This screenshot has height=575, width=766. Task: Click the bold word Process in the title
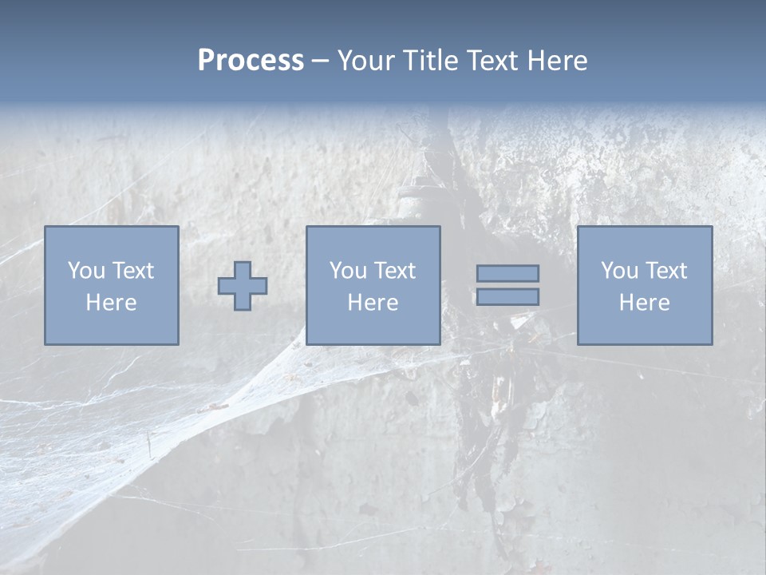tap(251, 61)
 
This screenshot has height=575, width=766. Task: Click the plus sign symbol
tap(243, 285)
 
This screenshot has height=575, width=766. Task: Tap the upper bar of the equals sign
tap(507, 273)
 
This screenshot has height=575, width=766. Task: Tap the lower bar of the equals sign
tap(507, 297)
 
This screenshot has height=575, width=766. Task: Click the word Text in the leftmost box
tap(132, 271)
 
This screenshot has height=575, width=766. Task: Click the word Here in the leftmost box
tap(111, 303)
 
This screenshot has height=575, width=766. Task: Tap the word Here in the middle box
tap(373, 303)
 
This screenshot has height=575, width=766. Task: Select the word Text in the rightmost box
tap(666, 271)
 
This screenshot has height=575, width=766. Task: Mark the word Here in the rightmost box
tap(644, 303)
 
